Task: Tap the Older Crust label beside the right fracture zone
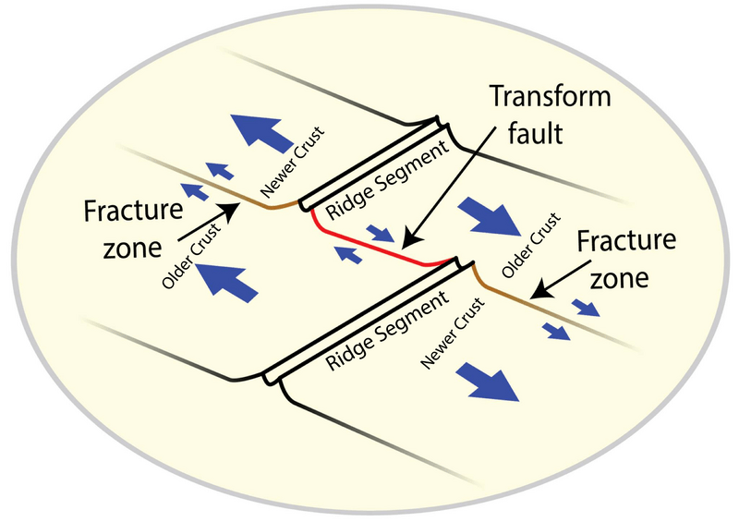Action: tap(529, 244)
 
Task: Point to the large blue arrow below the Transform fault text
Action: tap(491, 214)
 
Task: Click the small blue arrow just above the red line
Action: tap(380, 232)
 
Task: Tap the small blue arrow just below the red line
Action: tap(349, 255)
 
